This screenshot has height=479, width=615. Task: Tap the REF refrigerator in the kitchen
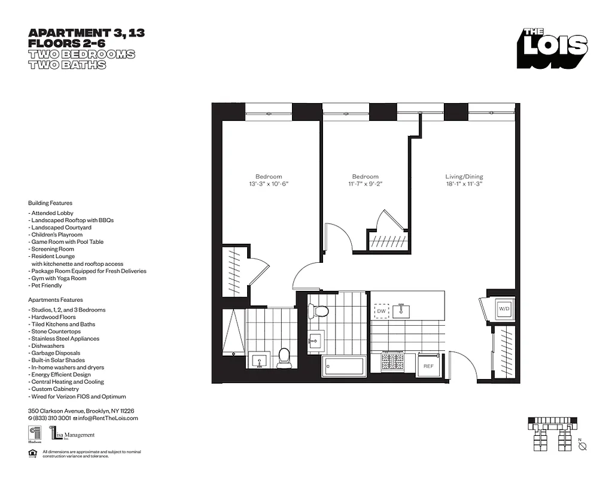tap(428, 365)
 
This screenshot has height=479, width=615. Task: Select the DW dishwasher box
tap(380, 311)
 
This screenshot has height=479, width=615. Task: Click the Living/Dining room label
tap(464, 177)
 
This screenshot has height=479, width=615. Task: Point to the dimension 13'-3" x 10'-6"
tap(269, 184)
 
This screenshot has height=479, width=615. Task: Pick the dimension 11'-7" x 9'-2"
tap(365, 184)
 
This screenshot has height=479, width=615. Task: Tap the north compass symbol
tap(583, 445)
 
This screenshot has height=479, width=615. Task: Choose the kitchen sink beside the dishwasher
tap(401, 311)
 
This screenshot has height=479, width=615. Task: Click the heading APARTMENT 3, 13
tap(86, 33)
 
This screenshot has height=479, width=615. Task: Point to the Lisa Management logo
tap(72, 434)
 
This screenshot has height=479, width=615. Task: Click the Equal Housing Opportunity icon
tap(32, 453)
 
